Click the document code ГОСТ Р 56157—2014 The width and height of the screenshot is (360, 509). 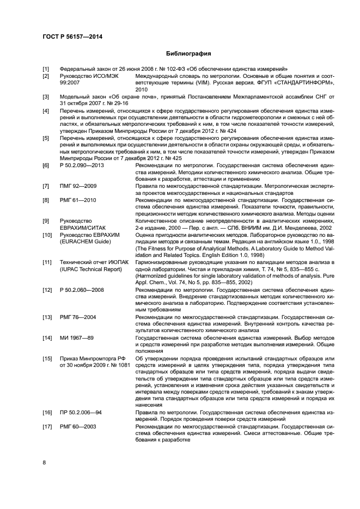73,36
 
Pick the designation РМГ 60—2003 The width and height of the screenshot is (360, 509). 78,427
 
